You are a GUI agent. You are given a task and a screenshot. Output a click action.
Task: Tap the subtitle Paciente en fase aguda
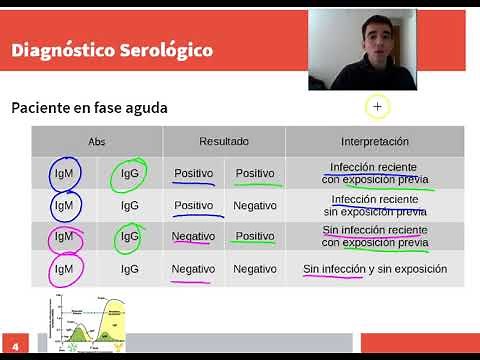(x=89, y=107)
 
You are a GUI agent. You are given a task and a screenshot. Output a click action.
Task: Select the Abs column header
(x=96, y=142)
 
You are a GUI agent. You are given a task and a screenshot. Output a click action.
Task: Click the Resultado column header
(x=224, y=142)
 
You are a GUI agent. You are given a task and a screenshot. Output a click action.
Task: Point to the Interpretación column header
(x=375, y=142)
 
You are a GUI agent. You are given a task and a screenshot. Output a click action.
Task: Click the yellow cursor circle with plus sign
(x=377, y=106)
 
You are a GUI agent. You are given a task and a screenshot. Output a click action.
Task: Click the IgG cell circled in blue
(x=129, y=237)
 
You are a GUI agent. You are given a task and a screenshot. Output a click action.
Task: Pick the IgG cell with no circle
(x=129, y=205)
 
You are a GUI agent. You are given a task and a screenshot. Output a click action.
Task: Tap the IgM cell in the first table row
(x=63, y=174)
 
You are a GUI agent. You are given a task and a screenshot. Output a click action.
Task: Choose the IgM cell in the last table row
(x=63, y=269)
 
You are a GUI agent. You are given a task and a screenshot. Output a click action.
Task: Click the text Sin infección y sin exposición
(x=374, y=269)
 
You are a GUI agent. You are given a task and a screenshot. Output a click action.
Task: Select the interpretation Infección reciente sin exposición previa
(x=374, y=205)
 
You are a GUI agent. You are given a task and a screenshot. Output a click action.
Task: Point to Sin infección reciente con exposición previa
(x=374, y=237)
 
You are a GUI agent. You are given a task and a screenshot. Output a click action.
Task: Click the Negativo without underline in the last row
(x=255, y=269)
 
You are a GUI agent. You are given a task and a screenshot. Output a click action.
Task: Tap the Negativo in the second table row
(x=255, y=205)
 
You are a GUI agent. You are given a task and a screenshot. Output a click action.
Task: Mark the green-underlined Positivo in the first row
(x=255, y=174)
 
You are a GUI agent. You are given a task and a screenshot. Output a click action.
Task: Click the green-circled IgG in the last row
(x=129, y=269)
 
